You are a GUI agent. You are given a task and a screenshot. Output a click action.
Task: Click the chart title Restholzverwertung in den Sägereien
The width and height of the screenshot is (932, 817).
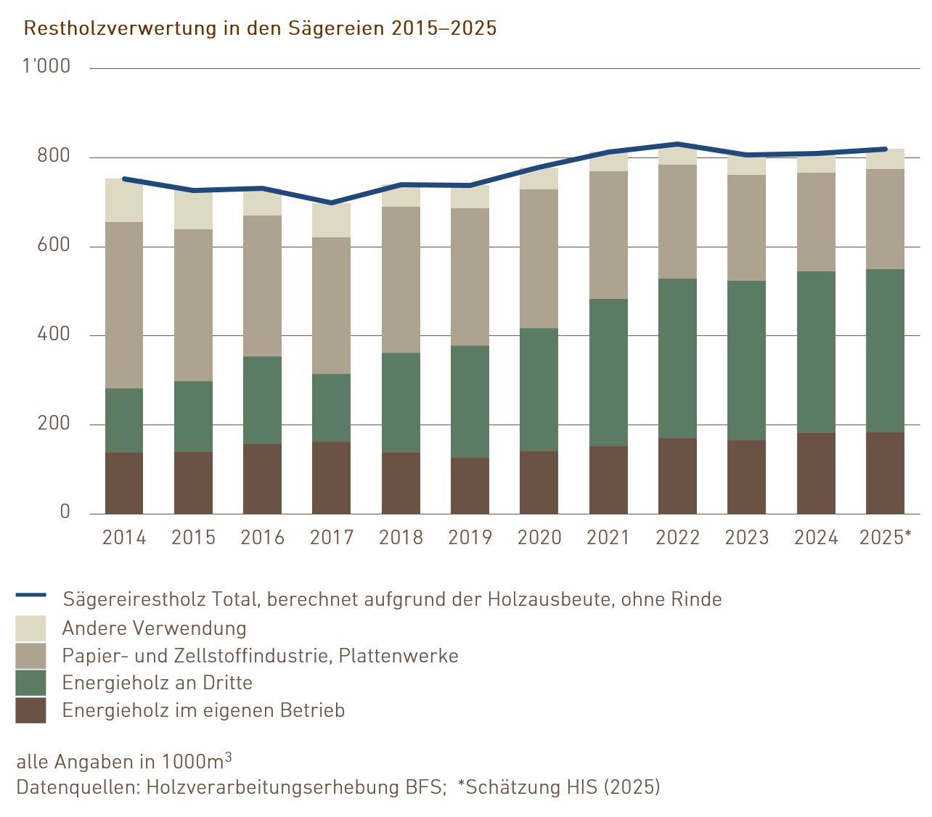tap(260, 28)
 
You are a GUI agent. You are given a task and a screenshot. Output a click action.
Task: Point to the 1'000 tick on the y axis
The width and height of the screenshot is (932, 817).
tap(46, 67)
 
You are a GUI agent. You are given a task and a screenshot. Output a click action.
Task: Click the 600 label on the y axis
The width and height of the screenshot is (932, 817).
tap(54, 245)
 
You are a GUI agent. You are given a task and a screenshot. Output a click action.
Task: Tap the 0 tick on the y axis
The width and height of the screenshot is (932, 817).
tap(65, 512)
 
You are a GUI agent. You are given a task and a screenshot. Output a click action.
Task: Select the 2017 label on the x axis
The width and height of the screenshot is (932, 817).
tap(332, 538)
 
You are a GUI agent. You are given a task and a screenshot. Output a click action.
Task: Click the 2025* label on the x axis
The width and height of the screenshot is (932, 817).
tap(885, 538)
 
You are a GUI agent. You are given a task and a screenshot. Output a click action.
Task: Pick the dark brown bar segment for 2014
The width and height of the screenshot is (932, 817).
tap(124, 483)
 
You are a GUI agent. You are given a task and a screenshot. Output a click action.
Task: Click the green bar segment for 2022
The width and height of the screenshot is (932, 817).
tap(677, 358)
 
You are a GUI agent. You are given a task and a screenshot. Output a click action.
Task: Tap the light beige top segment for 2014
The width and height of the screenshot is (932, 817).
tap(124, 200)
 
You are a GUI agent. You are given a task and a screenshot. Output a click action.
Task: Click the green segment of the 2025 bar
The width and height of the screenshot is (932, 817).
tap(885, 351)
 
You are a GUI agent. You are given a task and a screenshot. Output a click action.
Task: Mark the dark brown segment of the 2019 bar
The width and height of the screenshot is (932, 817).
tap(470, 485)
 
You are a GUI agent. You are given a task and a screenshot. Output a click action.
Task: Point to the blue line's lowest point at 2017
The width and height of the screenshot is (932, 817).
tap(332, 202)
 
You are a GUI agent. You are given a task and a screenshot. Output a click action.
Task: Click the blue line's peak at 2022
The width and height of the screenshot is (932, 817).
tap(677, 144)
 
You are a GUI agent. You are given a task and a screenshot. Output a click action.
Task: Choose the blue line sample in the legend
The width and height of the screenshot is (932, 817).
tap(30, 595)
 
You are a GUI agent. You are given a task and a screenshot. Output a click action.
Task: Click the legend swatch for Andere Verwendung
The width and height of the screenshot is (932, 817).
tap(30, 628)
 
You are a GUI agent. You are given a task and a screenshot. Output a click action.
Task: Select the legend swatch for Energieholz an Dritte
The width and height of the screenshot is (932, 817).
tap(30, 683)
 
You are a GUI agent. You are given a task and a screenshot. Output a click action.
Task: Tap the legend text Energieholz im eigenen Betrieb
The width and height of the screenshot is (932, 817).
tap(203, 710)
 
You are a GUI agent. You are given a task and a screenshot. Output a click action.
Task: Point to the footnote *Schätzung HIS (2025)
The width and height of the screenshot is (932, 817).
tap(559, 787)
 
